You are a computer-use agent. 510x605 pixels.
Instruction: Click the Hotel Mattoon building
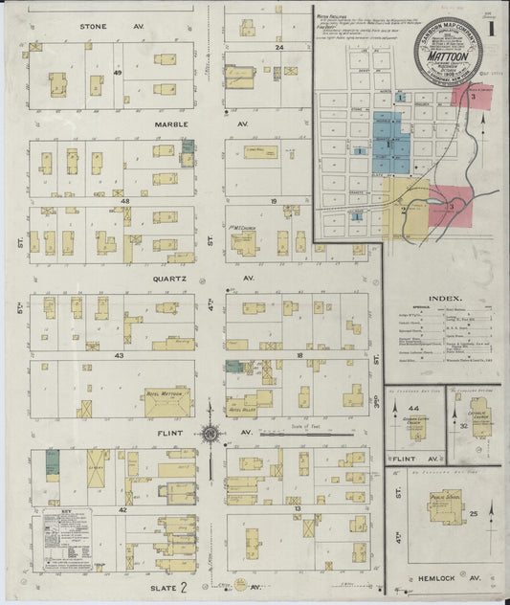[x=167, y=402]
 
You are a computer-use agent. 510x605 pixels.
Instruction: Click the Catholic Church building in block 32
[x=482, y=422]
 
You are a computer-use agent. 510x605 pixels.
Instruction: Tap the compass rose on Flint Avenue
[x=211, y=433]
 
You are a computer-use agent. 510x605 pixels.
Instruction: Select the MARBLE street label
[x=94, y=124]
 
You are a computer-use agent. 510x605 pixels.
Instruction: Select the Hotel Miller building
[x=242, y=401]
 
